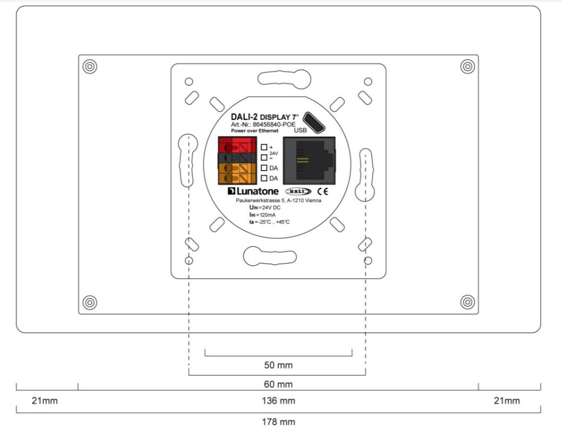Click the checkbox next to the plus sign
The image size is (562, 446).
coord(264,147)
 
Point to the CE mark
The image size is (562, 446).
coord(324,191)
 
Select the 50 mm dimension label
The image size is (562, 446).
coord(278,365)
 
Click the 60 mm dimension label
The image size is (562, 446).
coord(278,384)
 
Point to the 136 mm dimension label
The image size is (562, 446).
coord(278,401)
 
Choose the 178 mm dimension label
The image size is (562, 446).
coord(278,421)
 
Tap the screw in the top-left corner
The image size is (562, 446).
coord(88,67)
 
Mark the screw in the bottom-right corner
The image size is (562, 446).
coord(467,302)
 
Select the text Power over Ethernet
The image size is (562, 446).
coord(255,131)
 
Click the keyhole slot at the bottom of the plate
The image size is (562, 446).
coord(269,255)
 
